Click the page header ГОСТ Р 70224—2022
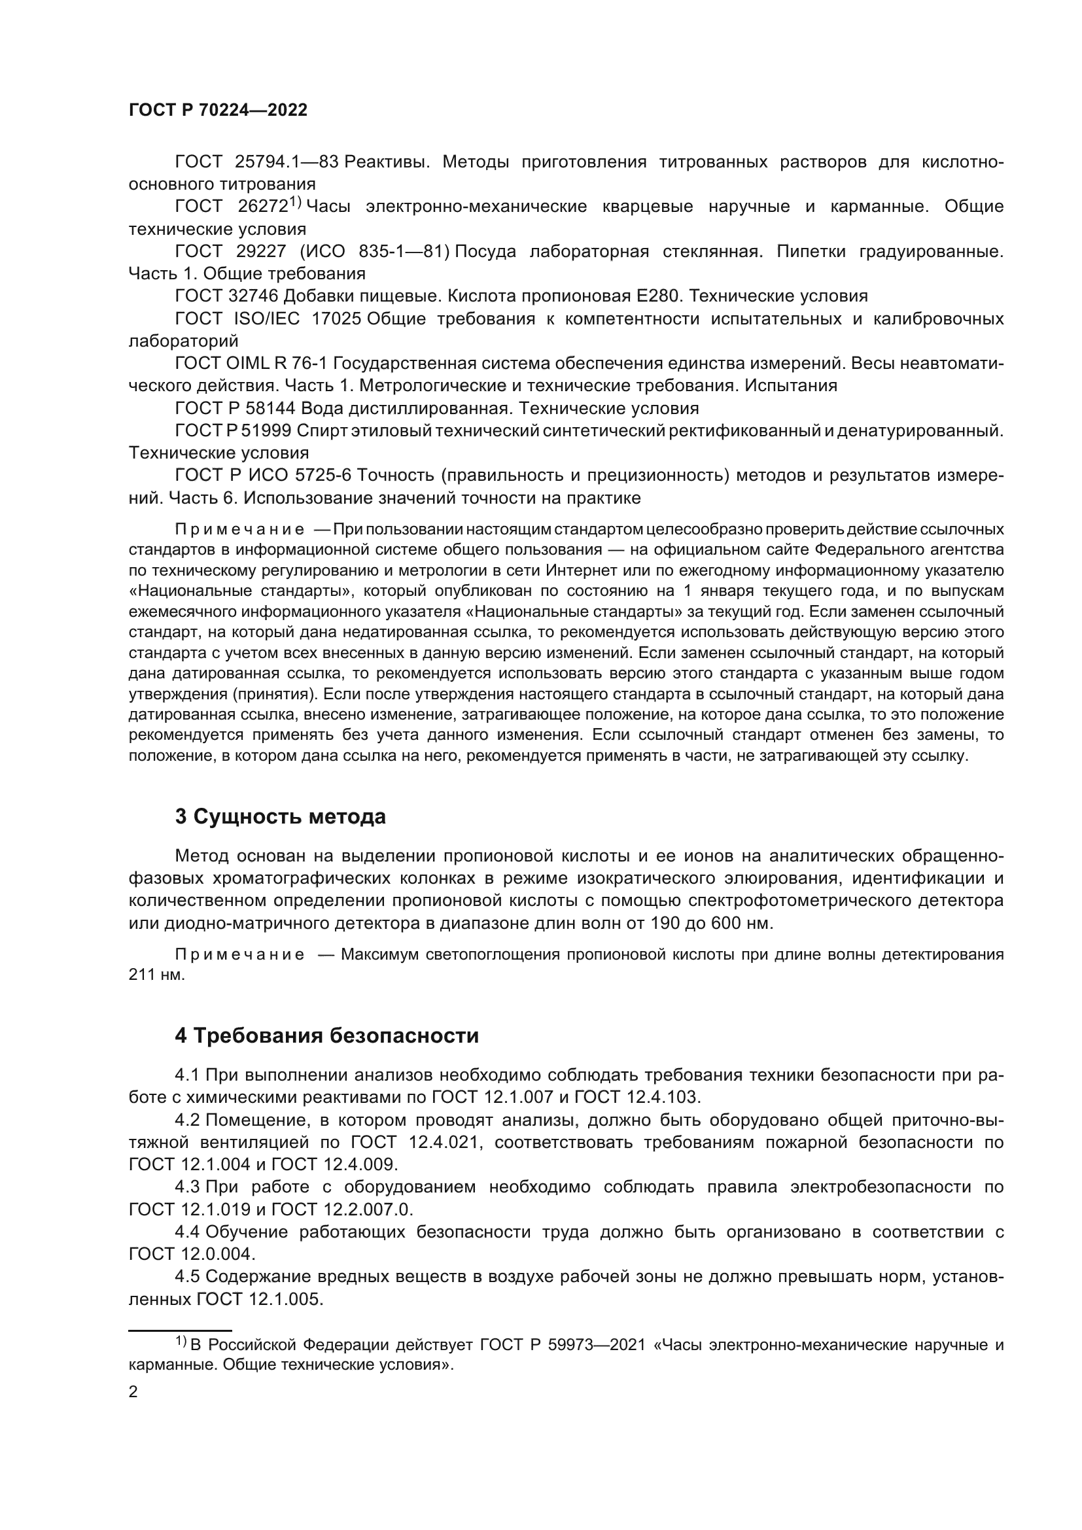point(218,111)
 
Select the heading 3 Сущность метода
point(281,816)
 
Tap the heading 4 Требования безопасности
point(326,1035)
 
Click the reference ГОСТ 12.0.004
point(191,1253)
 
